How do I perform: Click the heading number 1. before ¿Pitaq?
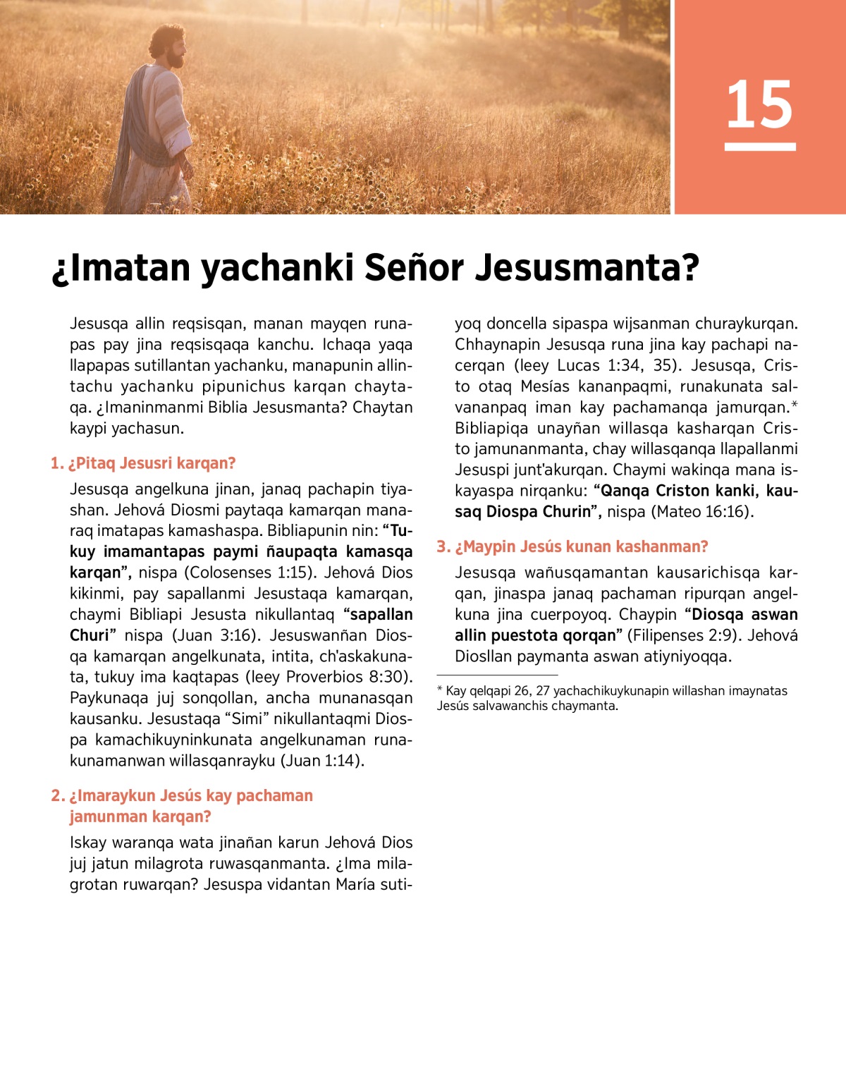click(57, 463)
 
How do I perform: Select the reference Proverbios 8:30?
click(345, 677)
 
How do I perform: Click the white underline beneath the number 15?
click(760, 147)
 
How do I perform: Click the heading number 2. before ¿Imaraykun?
click(58, 795)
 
